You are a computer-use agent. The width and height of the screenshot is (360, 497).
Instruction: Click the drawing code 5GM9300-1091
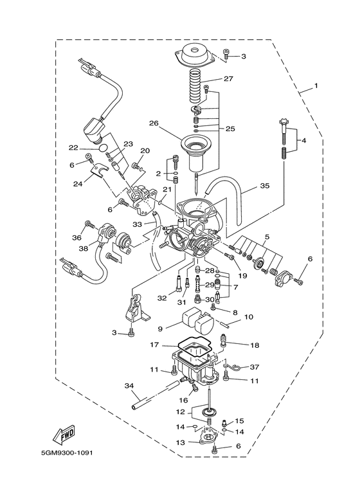pyautogui.click(x=66, y=453)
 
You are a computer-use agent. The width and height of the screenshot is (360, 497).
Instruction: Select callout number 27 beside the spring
pyautogui.click(x=228, y=78)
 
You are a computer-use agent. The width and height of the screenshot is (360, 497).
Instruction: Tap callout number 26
pyautogui.click(x=154, y=123)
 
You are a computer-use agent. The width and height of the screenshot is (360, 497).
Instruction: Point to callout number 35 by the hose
pyautogui.click(x=264, y=185)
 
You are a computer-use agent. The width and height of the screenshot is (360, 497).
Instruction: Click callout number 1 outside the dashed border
pyautogui.click(x=316, y=86)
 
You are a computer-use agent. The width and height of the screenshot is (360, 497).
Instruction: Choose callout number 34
pyautogui.click(x=129, y=386)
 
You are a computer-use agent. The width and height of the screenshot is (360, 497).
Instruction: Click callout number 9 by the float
pyautogui.click(x=160, y=329)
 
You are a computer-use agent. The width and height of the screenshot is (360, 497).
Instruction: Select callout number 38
pyautogui.click(x=84, y=249)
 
